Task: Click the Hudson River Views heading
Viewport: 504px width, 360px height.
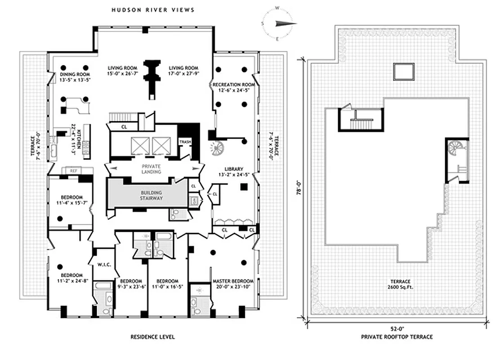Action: [153, 10]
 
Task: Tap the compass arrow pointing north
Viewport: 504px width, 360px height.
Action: [285, 23]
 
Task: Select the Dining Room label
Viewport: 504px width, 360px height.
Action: [75, 74]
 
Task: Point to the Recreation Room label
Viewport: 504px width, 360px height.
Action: [234, 85]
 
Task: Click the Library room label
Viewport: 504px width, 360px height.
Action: [234, 169]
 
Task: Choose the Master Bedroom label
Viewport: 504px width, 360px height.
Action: [233, 281]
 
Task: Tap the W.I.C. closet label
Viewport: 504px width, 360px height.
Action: [104, 265]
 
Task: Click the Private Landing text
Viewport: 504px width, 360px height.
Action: [151, 169]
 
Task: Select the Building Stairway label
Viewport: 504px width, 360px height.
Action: [151, 195]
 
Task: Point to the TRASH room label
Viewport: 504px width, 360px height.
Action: [185, 142]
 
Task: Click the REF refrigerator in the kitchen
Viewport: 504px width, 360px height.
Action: [73, 171]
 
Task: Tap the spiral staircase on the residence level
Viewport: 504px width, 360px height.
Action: [217, 148]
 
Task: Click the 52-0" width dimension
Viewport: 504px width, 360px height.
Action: [397, 329]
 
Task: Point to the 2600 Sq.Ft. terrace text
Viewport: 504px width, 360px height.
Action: [401, 287]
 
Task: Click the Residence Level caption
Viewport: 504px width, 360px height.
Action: [153, 337]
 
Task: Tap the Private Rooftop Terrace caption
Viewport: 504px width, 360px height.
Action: [397, 337]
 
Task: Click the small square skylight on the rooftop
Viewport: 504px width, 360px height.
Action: [404, 72]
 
